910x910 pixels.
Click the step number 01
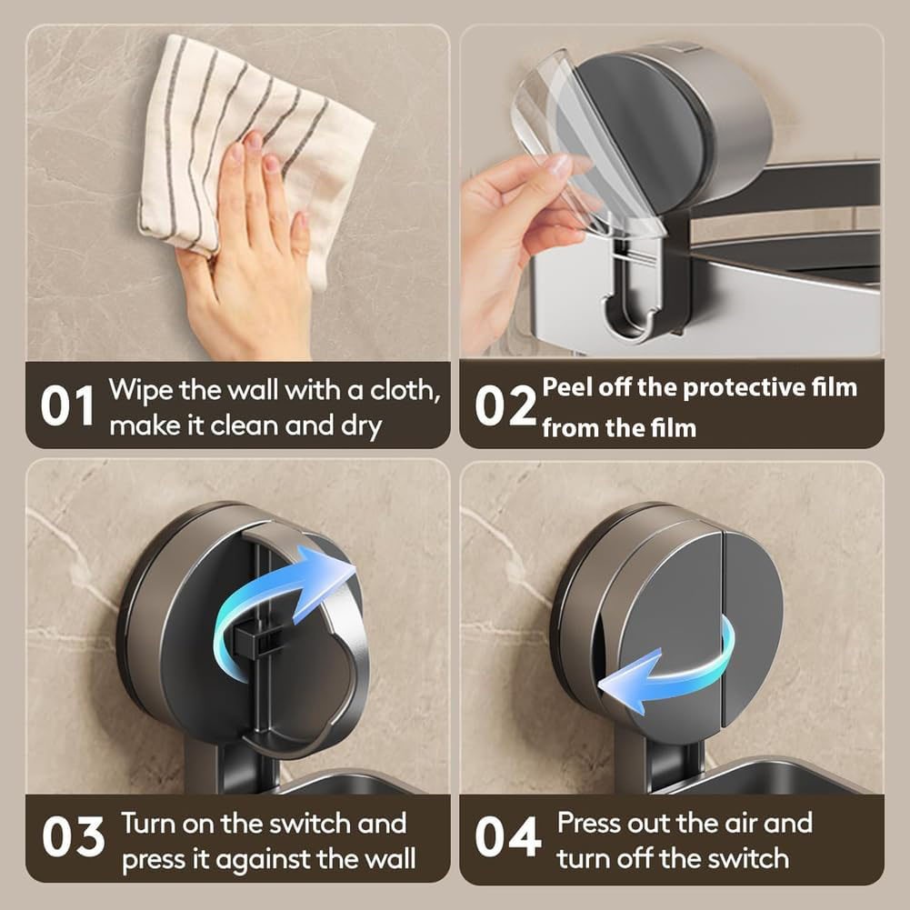click(67, 405)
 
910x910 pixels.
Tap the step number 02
click(505, 405)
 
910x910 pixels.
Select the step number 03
click(73, 836)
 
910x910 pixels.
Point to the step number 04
click(508, 836)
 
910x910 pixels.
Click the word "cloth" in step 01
click(405, 390)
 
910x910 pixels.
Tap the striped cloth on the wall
click(250, 151)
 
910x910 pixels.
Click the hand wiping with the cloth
click(251, 250)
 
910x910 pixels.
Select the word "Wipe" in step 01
click(140, 390)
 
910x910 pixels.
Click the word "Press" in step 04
click(585, 824)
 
